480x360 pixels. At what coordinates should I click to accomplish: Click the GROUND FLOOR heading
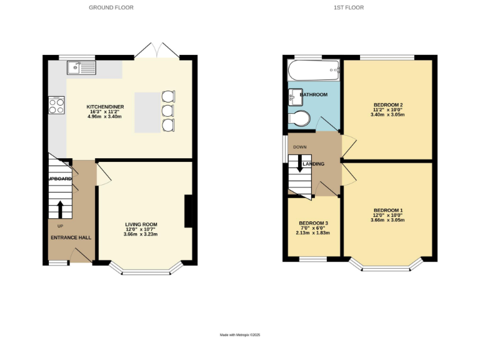coord(111,7)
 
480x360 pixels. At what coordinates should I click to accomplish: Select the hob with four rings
coord(56,105)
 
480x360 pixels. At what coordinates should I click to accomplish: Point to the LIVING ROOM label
coord(141,224)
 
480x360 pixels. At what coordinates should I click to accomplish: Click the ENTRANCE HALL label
coord(71,237)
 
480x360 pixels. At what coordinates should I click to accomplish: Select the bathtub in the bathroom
coord(313,71)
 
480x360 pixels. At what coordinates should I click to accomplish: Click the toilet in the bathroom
coord(299,118)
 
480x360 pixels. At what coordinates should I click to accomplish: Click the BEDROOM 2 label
coord(387,104)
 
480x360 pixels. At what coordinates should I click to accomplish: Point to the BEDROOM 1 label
coord(387,210)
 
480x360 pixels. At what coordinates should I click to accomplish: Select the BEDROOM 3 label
coord(313,223)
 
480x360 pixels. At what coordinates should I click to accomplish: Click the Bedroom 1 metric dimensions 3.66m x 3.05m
coord(387,220)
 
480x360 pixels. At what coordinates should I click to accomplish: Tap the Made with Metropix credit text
coord(239,335)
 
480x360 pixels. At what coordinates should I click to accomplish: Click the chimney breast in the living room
coord(187,211)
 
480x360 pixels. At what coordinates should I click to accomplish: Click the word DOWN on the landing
coord(300,147)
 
